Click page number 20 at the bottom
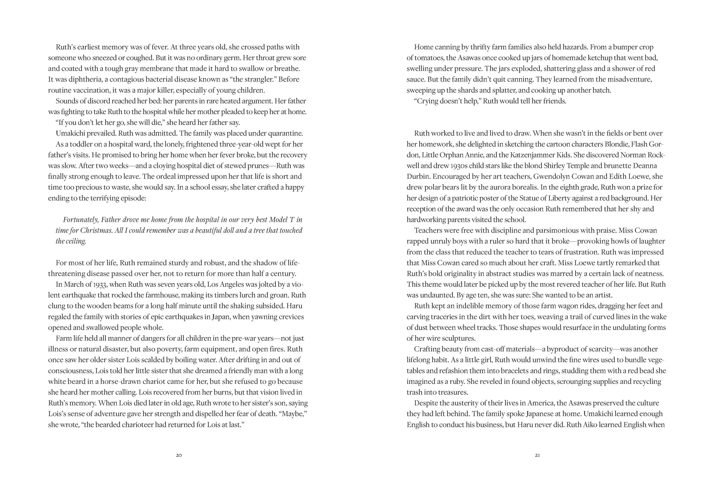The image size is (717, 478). tap(179, 456)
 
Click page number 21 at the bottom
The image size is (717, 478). tap(537, 456)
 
